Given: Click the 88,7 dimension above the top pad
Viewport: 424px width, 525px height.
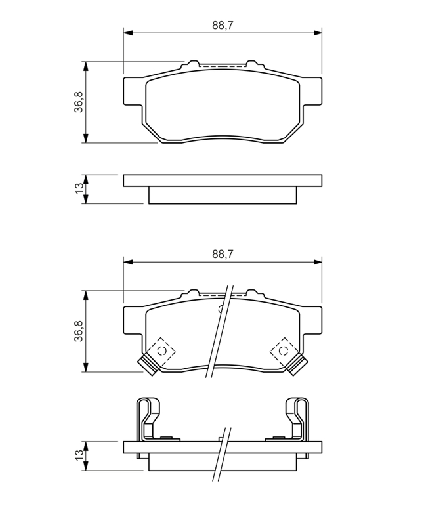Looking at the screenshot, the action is click(223, 25).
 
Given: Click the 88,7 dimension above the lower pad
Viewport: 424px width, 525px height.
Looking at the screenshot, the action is click(223, 254).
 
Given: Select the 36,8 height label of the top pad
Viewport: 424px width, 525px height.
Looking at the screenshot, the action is click(79, 102).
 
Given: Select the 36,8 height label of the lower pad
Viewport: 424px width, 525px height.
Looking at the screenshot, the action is click(79, 331).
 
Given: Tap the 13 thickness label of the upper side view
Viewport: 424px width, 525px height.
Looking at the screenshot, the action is click(79, 188).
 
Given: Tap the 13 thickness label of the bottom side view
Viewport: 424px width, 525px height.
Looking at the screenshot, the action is click(79, 455).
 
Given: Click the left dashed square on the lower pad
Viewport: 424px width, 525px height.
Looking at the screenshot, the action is click(161, 350).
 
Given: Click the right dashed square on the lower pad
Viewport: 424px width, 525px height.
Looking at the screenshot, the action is click(284, 350).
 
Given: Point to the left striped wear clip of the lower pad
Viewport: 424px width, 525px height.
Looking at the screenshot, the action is click(148, 364).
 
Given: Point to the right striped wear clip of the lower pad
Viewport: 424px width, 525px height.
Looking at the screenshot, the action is click(297, 364).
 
